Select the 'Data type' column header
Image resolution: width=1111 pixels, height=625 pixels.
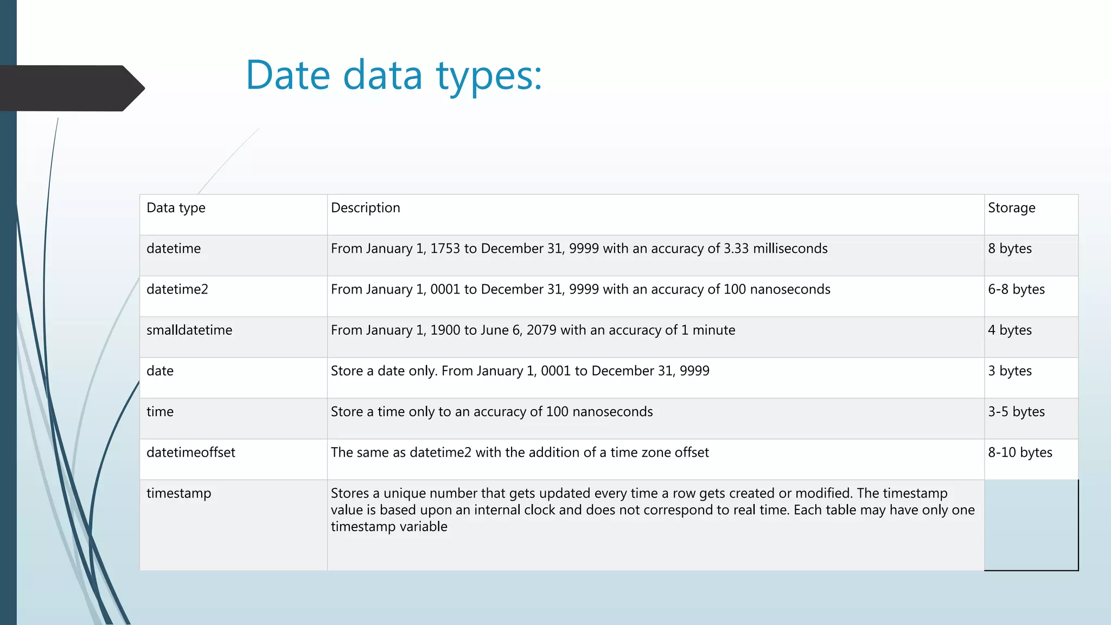tap(176, 208)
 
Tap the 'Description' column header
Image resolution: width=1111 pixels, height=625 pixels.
tap(365, 208)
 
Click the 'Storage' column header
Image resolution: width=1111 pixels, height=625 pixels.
tap(1011, 208)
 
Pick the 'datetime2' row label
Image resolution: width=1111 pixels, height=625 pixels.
tap(177, 289)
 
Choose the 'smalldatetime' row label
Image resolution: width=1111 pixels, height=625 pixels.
tap(189, 330)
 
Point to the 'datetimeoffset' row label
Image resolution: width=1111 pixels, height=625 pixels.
tap(190, 452)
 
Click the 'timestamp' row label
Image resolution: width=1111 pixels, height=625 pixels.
tap(178, 493)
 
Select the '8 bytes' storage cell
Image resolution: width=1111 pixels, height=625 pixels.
tap(1010, 248)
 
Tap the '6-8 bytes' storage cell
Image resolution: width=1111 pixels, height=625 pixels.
tap(1016, 289)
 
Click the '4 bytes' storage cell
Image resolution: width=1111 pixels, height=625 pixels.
tap(1010, 330)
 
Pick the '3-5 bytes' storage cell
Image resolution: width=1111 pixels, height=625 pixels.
tap(1016, 412)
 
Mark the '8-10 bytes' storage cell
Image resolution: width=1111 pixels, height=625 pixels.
tap(1020, 452)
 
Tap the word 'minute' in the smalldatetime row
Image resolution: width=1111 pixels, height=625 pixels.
tap(713, 330)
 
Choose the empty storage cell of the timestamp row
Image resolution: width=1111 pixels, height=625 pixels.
tap(1031, 525)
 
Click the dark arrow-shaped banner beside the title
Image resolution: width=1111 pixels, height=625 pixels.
tap(71, 88)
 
